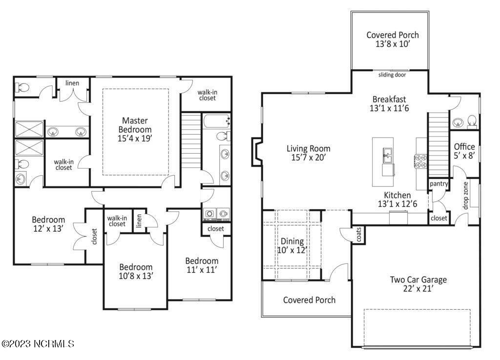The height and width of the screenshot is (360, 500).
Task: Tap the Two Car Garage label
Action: click(x=418, y=284)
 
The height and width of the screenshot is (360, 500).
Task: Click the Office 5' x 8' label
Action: click(x=464, y=151)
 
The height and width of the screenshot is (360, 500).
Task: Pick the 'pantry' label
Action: click(x=438, y=183)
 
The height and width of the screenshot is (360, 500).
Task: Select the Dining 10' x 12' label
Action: click(x=292, y=246)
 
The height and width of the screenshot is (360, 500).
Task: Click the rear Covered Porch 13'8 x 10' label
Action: click(x=392, y=39)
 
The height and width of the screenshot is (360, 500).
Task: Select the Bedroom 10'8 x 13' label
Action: click(x=136, y=271)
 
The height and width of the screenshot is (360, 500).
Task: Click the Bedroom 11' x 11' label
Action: click(x=201, y=265)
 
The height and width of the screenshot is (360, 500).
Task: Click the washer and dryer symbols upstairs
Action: click(x=215, y=213)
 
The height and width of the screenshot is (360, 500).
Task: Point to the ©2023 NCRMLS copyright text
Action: click(x=38, y=344)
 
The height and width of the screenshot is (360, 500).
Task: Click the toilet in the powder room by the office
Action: click(x=473, y=120)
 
